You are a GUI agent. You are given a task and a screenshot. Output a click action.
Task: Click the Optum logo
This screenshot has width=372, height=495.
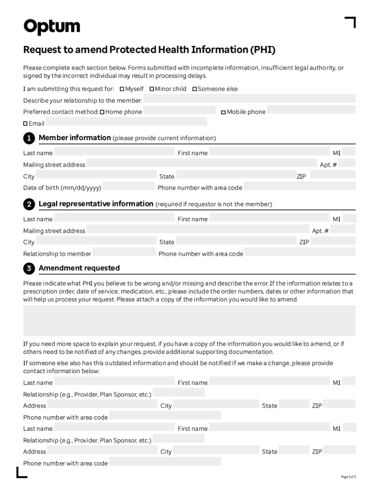click(x=52, y=27)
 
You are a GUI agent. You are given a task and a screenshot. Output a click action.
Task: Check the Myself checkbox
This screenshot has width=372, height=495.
click(x=122, y=89)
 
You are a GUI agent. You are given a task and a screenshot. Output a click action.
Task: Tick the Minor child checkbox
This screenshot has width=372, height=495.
click(x=152, y=89)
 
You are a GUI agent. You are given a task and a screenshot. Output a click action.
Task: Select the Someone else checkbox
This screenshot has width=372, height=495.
click(x=195, y=89)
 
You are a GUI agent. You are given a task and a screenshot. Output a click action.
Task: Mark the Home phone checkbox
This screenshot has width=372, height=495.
click(x=102, y=112)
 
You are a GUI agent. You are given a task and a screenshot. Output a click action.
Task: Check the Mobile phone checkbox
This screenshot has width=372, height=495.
click(x=223, y=112)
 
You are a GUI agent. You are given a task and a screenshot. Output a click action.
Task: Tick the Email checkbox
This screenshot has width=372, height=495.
click(x=26, y=124)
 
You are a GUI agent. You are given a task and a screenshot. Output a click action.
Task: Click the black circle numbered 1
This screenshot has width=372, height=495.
click(x=29, y=138)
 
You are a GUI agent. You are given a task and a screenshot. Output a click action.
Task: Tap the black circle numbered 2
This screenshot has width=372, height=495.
click(x=29, y=204)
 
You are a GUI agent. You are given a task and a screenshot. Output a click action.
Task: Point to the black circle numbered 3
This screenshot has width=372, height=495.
click(x=29, y=268)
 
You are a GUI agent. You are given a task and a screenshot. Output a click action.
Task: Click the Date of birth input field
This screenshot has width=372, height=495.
click(x=129, y=186)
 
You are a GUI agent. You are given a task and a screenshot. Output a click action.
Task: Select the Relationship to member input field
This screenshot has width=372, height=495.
click(x=124, y=252)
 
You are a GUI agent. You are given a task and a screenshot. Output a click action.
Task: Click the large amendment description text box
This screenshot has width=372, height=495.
click(x=189, y=320)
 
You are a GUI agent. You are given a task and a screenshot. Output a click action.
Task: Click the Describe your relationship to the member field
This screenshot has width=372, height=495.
click(x=249, y=99)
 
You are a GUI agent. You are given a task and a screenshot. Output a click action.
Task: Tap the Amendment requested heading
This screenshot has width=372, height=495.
click(x=79, y=268)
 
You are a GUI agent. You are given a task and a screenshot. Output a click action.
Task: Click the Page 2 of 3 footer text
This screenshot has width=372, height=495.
click(x=348, y=477)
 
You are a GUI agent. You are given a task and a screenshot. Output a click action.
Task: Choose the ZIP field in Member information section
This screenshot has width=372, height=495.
click(x=332, y=175)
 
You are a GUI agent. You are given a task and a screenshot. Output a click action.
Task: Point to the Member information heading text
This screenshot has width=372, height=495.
click(x=75, y=138)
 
